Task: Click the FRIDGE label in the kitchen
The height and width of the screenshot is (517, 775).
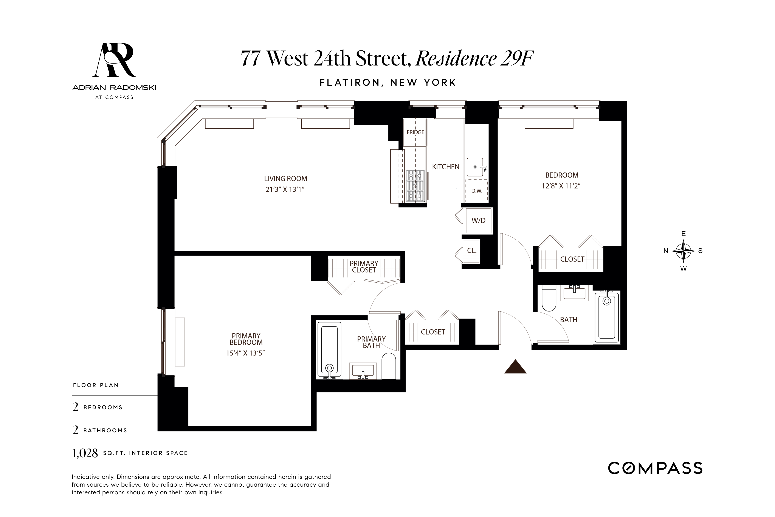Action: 415,132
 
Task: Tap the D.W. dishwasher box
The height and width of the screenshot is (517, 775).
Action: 476,191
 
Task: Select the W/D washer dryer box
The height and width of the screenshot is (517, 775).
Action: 478,221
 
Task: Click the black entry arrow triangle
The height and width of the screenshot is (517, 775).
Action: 515,367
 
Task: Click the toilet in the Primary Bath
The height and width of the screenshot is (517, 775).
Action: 389,366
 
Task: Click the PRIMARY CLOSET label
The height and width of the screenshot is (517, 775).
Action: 364,267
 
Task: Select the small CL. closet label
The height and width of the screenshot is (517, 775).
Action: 471,251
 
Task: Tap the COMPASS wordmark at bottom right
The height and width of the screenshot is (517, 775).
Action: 655,468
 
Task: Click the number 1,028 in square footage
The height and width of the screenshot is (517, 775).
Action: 85,454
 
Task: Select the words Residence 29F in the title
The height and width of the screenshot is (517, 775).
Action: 474,58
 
